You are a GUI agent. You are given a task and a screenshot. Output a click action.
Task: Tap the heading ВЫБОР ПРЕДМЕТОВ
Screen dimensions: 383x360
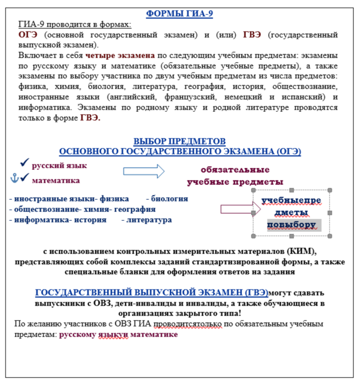point(179,141)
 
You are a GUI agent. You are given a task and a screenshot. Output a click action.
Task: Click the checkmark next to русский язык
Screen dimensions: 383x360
point(24,163)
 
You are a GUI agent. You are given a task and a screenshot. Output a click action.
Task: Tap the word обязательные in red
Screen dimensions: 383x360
point(235,170)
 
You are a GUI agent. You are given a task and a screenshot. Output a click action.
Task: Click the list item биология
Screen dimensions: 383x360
point(169,199)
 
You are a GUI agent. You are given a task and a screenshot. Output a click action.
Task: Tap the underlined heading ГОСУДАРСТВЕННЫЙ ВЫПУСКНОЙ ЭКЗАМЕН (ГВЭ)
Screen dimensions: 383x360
point(151,292)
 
